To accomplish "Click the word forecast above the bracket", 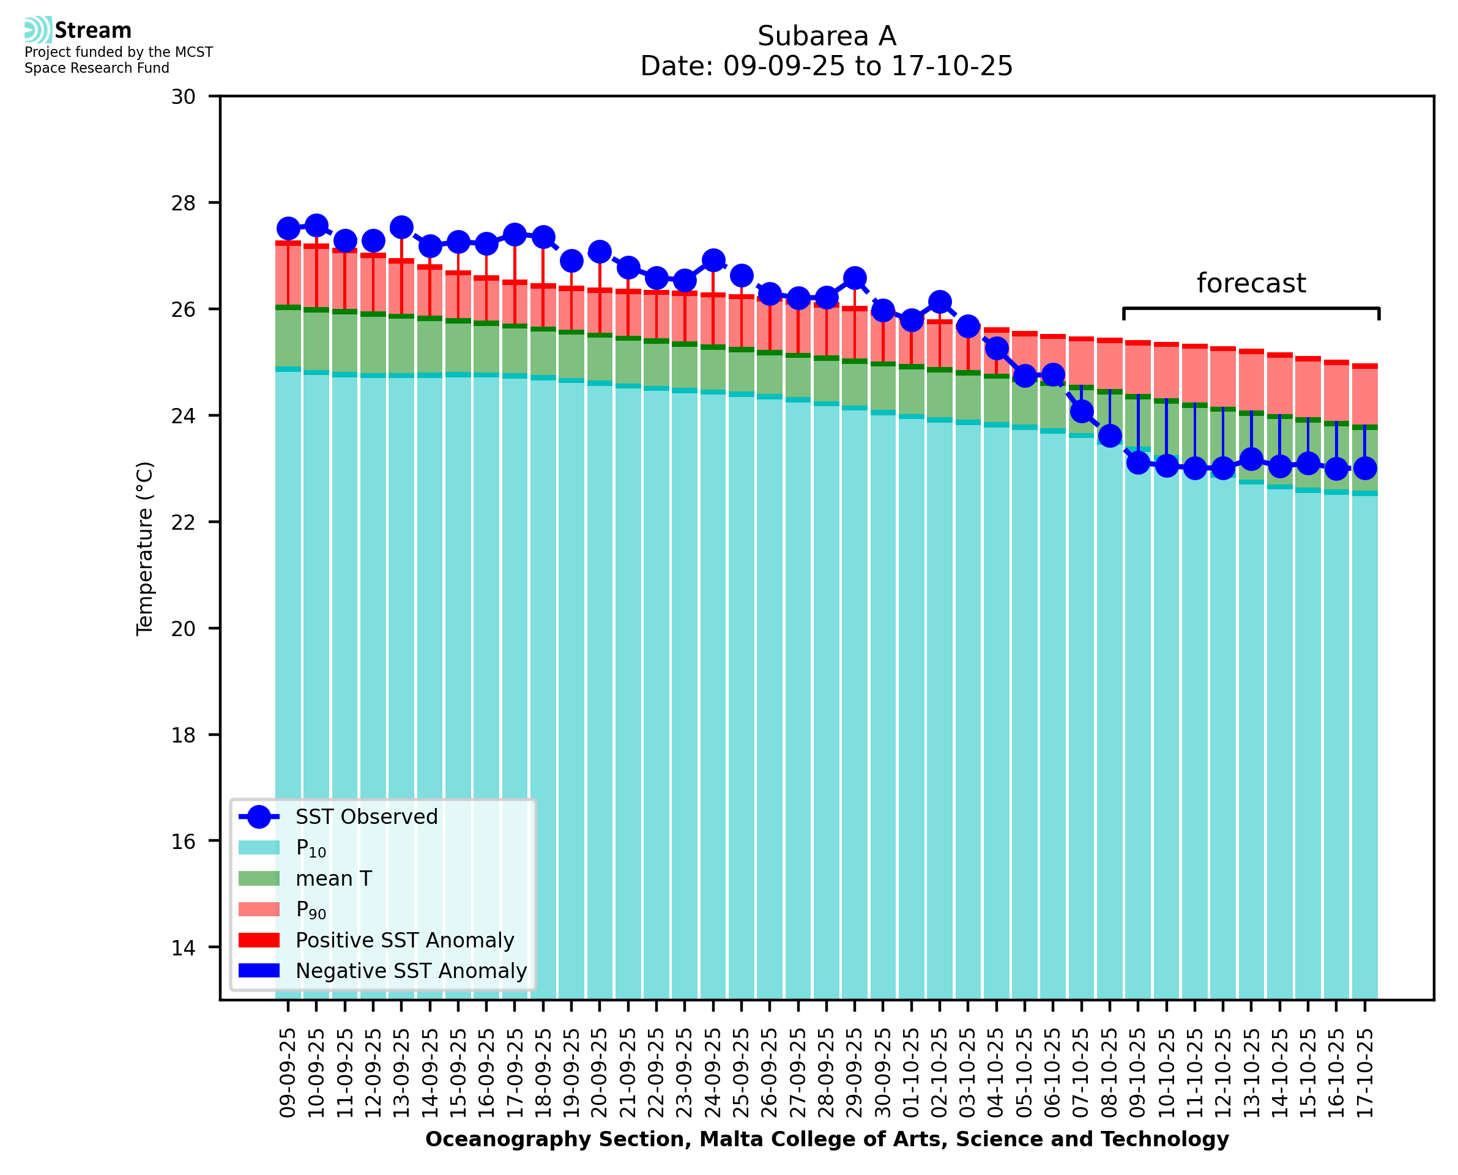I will click(1250, 283).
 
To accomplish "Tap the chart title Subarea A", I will click(827, 36).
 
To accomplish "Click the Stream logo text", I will click(93, 31).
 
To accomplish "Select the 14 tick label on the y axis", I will click(183, 947).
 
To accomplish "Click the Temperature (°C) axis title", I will click(145, 548).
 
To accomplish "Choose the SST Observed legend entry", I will click(366, 817).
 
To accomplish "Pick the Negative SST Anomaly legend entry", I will click(411, 971).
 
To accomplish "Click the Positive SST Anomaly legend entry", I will click(405, 940).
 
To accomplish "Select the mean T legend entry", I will click(333, 878).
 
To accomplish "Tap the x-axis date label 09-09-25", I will click(288, 1073).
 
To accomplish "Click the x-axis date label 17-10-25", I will click(1364, 1073).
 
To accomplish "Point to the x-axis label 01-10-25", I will click(911, 1073).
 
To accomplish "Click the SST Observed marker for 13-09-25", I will click(401, 228).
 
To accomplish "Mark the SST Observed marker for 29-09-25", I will click(854, 278).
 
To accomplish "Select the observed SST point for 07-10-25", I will click(1081, 411).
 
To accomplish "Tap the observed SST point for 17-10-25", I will click(1364, 468).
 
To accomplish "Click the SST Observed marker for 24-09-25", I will click(713, 260).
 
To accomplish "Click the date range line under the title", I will click(827, 66).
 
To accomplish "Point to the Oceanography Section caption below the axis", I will click(827, 1139).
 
